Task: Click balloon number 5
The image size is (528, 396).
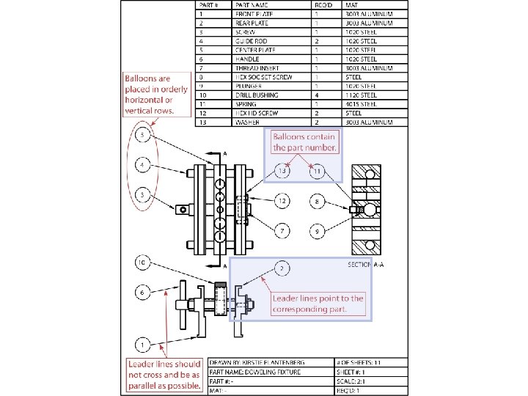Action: (143, 136)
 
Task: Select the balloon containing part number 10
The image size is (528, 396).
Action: (143, 262)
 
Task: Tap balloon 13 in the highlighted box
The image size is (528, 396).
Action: (283, 172)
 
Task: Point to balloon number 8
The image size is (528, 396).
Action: (318, 200)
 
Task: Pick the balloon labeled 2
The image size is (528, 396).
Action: (282, 269)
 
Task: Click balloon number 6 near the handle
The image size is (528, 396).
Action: (143, 292)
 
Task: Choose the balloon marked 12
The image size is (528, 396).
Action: (282, 200)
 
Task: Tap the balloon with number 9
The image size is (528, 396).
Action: (317, 231)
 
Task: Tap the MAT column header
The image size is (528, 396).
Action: (352, 5)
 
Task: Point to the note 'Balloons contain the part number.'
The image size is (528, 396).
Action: (304, 142)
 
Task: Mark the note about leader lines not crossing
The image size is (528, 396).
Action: (164, 375)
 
